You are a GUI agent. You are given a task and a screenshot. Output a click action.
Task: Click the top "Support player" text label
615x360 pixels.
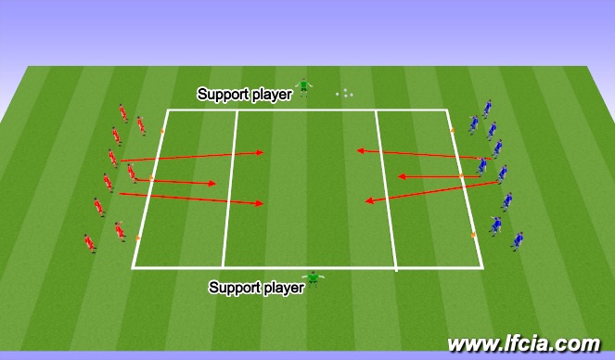(x=244, y=94)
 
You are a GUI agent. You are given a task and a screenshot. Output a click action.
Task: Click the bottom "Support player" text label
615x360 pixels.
(x=256, y=288)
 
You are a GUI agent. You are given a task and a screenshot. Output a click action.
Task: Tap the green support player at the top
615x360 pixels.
(x=303, y=87)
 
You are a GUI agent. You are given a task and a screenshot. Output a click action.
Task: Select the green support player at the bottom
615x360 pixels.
(x=314, y=277)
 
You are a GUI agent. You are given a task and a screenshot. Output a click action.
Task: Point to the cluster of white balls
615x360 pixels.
(x=344, y=93)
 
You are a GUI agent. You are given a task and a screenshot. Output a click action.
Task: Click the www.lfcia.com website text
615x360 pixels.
(x=523, y=344)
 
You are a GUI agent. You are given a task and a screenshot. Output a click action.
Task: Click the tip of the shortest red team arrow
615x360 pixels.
(x=214, y=184)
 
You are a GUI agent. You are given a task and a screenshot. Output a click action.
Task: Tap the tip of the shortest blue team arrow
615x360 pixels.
(x=399, y=175)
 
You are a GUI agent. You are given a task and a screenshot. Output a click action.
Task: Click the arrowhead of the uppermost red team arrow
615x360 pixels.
(x=263, y=153)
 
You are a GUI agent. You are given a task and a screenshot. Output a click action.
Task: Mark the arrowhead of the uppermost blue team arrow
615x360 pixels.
(x=358, y=148)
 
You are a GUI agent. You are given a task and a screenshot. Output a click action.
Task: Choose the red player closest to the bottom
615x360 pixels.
(x=89, y=243)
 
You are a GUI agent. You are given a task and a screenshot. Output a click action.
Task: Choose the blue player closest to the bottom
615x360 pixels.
(x=517, y=241)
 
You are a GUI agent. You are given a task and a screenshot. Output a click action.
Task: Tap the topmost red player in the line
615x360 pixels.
(x=122, y=112)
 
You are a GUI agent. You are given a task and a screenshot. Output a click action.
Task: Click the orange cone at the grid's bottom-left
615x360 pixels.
(x=138, y=238)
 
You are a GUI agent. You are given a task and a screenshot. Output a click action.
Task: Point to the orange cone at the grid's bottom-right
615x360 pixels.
(x=474, y=236)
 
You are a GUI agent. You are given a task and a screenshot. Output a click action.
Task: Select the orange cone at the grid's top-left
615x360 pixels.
(x=161, y=132)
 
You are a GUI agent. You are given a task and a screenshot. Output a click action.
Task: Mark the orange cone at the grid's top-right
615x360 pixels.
(x=453, y=131)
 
